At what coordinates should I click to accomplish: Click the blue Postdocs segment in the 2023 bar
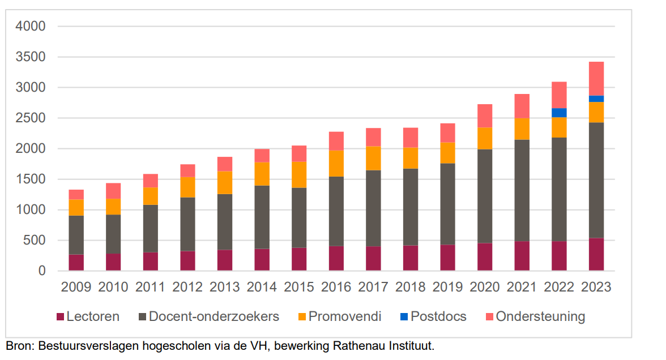(596, 99)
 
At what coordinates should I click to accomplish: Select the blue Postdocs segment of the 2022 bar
(559, 113)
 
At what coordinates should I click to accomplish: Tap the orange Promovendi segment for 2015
(299, 175)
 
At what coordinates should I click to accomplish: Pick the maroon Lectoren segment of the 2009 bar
(76, 263)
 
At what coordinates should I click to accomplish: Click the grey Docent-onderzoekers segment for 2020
(485, 196)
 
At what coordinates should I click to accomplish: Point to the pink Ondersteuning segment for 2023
(596, 79)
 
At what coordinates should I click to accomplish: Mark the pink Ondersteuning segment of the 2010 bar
(113, 191)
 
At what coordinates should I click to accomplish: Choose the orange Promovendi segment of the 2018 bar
(410, 158)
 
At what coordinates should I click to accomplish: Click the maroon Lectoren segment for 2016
(336, 258)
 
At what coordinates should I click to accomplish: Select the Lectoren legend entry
(88, 317)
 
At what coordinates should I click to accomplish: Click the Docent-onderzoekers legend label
(214, 317)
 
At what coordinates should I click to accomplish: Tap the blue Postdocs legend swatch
(404, 317)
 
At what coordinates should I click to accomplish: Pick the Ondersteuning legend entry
(535, 317)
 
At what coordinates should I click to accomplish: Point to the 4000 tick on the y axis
(31, 26)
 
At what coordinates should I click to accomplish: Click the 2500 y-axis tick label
(31, 118)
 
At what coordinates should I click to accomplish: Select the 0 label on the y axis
(42, 271)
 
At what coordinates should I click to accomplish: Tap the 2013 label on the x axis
(225, 288)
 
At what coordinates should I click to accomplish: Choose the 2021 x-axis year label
(522, 288)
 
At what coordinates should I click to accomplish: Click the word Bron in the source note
(19, 346)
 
